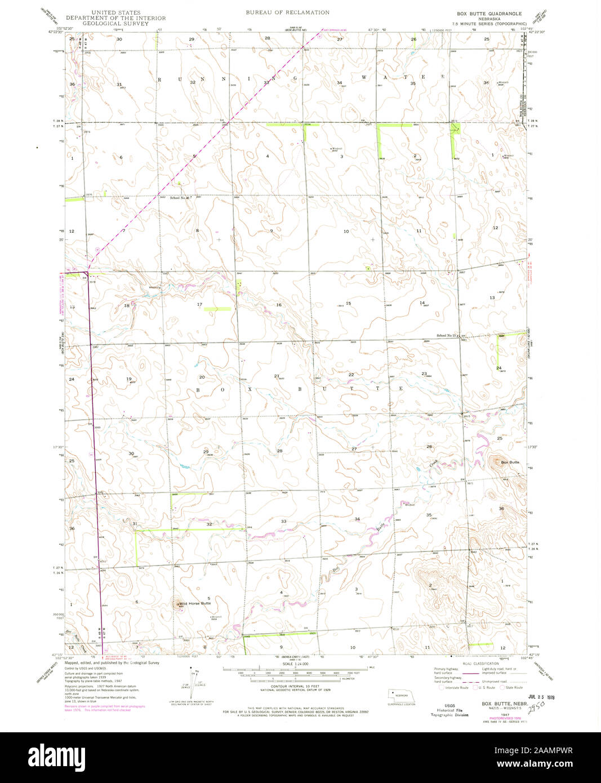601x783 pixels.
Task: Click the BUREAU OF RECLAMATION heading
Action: click(287, 12)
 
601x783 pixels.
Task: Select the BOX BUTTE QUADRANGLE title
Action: click(489, 14)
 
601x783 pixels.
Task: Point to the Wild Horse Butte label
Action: click(194, 603)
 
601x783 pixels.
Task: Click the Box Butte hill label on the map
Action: click(510, 462)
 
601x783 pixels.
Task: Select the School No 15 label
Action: click(446, 336)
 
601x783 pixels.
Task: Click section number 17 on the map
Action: click(199, 305)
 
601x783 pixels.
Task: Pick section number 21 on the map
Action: click(277, 376)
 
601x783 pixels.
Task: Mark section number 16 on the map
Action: click(278, 305)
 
